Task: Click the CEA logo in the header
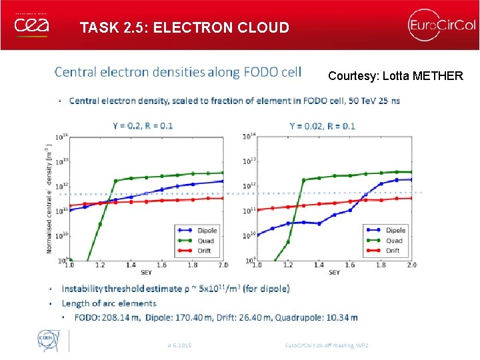pyautogui.click(x=31, y=25)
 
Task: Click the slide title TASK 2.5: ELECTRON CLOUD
pyautogui.click(x=184, y=28)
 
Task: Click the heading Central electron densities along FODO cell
pyautogui.click(x=177, y=71)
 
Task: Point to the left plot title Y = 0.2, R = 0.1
pyautogui.click(x=143, y=125)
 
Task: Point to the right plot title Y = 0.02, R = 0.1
pyautogui.click(x=323, y=125)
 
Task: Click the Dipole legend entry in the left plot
pyautogui.click(x=207, y=231)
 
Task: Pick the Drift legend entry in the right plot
pyautogui.click(x=393, y=251)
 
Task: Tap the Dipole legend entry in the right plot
pyautogui.click(x=395, y=231)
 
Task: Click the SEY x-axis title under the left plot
pyautogui.click(x=146, y=272)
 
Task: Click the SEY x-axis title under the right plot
pyautogui.click(x=334, y=272)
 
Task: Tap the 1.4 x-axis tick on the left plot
pyautogui.click(x=130, y=265)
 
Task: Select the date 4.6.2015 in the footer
pyautogui.click(x=179, y=345)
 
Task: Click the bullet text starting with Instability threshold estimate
pyautogui.click(x=175, y=289)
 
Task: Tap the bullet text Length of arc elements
pyautogui.click(x=109, y=303)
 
